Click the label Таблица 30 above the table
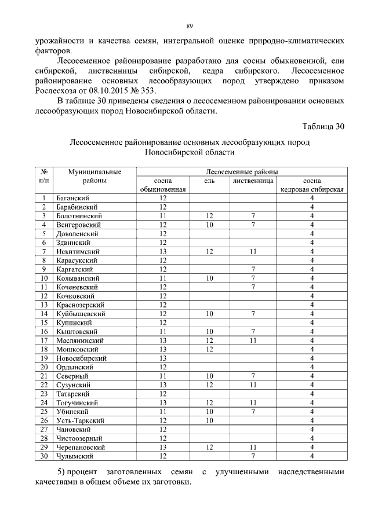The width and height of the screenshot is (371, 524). (323, 126)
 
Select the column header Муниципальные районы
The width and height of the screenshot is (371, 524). (94, 176)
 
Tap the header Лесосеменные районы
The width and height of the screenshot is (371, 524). (242, 172)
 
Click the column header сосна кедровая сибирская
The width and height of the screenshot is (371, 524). (312, 185)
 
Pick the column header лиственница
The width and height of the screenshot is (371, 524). (253, 181)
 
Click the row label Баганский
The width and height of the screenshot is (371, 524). (72, 198)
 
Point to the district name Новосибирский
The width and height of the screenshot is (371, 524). (80, 358)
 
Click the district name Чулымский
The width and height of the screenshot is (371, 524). (75, 456)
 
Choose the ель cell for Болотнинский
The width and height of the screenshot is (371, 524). (210, 216)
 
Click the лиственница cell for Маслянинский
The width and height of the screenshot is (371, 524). (253, 340)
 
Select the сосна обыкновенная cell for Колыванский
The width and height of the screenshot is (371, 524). (163, 279)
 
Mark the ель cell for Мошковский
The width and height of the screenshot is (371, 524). (210, 349)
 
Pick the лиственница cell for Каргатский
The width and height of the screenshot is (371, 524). (253, 269)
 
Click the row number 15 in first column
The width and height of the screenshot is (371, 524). (43, 323)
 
